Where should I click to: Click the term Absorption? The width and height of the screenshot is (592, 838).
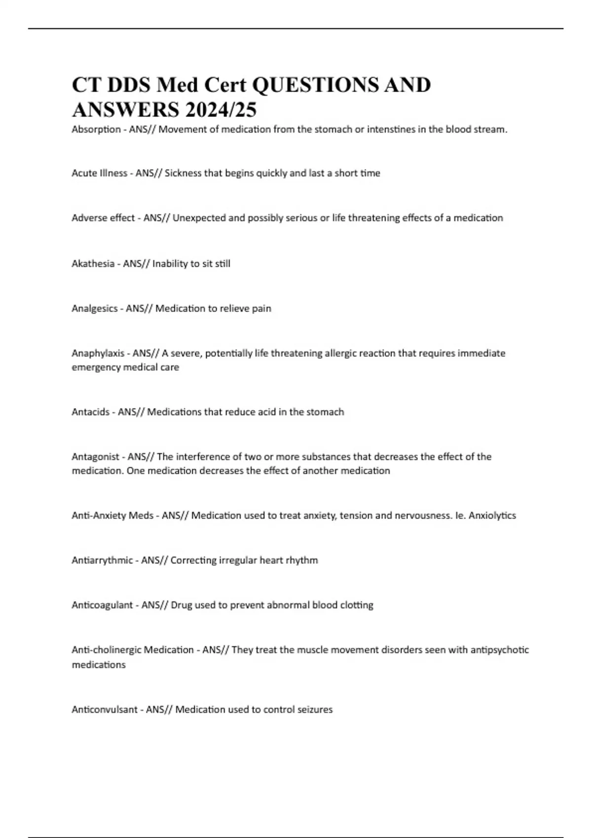(x=96, y=130)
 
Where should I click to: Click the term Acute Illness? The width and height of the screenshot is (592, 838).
(x=99, y=173)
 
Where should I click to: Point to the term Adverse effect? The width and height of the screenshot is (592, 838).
(x=103, y=218)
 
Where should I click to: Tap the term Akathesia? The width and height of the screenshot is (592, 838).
(x=93, y=264)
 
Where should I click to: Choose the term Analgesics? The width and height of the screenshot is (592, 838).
(x=95, y=309)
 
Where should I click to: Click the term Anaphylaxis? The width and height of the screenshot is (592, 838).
(x=98, y=353)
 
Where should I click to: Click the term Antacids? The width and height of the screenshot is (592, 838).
(x=91, y=412)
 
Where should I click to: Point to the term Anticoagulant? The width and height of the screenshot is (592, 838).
(x=102, y=605)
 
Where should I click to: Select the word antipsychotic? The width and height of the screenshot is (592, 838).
(x=499, y=650)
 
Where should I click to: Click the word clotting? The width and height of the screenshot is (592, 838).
(x=357, y=605)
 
